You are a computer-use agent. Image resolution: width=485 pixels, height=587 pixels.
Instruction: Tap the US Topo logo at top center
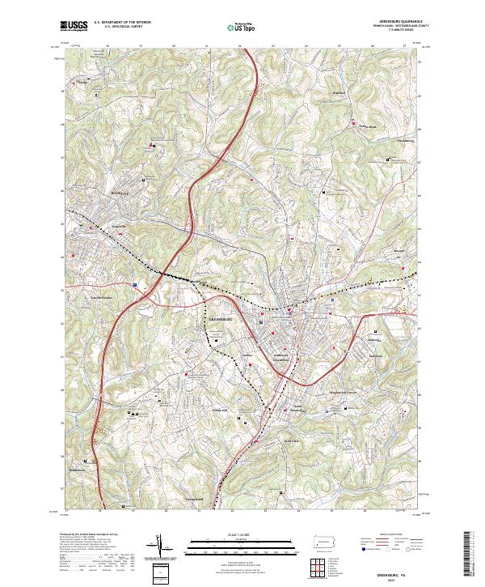243,27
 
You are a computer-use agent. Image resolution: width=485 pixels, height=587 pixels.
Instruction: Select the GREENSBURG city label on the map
221,319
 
